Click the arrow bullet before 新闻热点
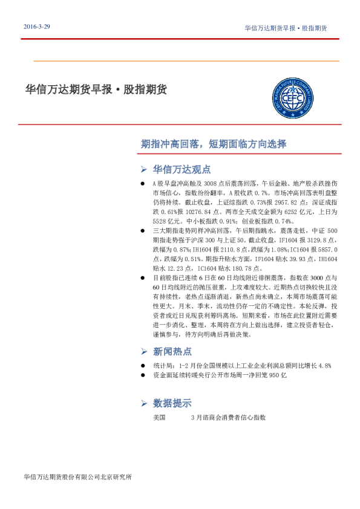click(x=143, y=351)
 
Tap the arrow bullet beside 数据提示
click(x=143, y=403)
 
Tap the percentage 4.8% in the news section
click(x=324, y=366)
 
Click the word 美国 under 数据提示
click(x=160, y=417)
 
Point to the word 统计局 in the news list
click(x=162, y=366)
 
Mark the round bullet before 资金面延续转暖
click(x=142, y=375)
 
